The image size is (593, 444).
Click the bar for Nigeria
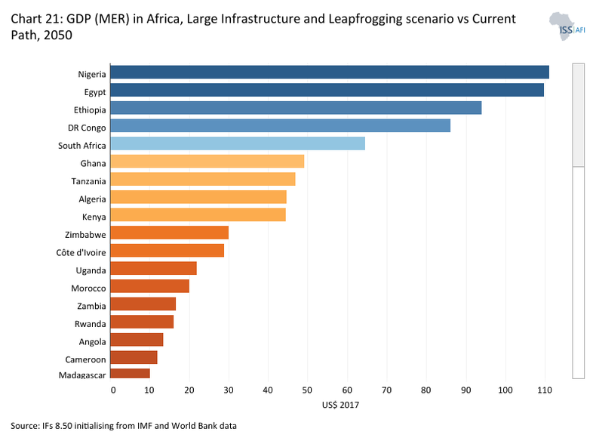[x=329, y=72]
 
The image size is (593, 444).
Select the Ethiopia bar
[x=296, y=109]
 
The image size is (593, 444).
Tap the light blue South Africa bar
[x=238, y=144]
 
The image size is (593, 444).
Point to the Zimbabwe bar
[x=169, y=233]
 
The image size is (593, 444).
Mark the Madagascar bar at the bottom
[x=130, y=373]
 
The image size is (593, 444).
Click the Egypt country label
[x=94, y=91]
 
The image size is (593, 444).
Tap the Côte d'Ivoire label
[x=81, y=251]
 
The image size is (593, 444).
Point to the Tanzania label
[x=88, y=181]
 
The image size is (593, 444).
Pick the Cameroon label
[x=87, y=359]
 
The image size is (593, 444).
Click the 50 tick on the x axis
[x=308, y=390]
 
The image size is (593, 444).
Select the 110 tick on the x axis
[x=543, y=390]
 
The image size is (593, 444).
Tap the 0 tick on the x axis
[x=113, y=390]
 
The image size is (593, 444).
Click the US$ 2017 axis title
[x=340, y=405]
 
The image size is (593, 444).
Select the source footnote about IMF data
[x=124, y=426]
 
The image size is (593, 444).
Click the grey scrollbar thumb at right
[x=579, y=114]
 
